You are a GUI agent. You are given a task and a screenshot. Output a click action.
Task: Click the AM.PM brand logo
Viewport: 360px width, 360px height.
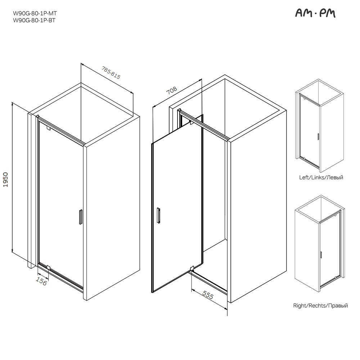tap(315, 14)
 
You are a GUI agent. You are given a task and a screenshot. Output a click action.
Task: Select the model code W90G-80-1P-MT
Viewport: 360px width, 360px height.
tap(35, 13)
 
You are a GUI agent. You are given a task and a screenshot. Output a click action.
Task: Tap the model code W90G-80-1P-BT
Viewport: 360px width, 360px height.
tap(34, 20)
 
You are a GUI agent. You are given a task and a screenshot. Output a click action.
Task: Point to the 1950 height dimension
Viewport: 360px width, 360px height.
tap(5, 180)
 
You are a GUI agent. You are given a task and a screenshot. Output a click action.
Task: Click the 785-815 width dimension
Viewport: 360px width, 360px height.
tap(111, 73)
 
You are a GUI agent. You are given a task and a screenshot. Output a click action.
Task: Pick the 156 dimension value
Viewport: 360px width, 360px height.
tap(41, 282)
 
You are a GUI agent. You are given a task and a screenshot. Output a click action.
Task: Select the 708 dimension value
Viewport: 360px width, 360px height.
tap(171, 90)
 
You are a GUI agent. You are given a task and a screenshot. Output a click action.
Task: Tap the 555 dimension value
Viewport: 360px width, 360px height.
tap(208, 295)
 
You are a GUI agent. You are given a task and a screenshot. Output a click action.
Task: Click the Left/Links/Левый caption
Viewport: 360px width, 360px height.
tap(321, 177)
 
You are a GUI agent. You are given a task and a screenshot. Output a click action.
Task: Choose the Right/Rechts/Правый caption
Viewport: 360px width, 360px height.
tap(320, 306)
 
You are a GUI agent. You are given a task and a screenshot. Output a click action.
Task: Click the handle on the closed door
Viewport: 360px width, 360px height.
tap(81, 216)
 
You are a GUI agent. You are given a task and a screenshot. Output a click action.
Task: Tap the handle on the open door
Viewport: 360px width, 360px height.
tap(158, 215)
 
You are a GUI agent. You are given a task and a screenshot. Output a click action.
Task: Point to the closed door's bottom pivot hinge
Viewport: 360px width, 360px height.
tap(49, 267)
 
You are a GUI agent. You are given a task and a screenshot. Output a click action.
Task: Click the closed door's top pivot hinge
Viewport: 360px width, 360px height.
tap(49, 128)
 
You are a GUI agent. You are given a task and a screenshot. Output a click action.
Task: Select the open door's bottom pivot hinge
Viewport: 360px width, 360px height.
tap(192, 268)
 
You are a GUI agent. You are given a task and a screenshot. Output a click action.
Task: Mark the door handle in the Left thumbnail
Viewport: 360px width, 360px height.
tap(318, 136)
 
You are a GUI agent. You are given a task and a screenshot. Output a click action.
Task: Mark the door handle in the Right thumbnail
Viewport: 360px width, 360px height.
tap(321, 255)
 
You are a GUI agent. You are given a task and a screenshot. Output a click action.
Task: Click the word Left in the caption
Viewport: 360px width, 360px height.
tap(303, 177)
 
